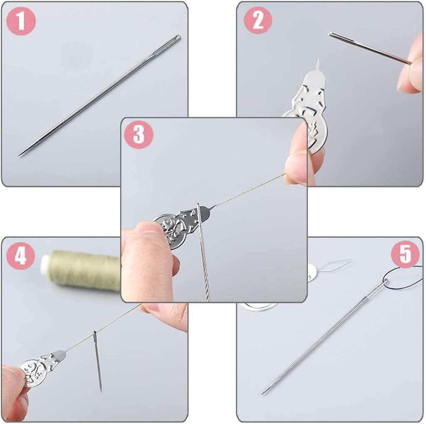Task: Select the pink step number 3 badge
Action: [139, 135]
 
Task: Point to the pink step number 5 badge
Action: [405, 254]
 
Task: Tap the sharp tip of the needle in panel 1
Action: [20, 155]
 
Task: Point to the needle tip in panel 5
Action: [263, 393]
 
